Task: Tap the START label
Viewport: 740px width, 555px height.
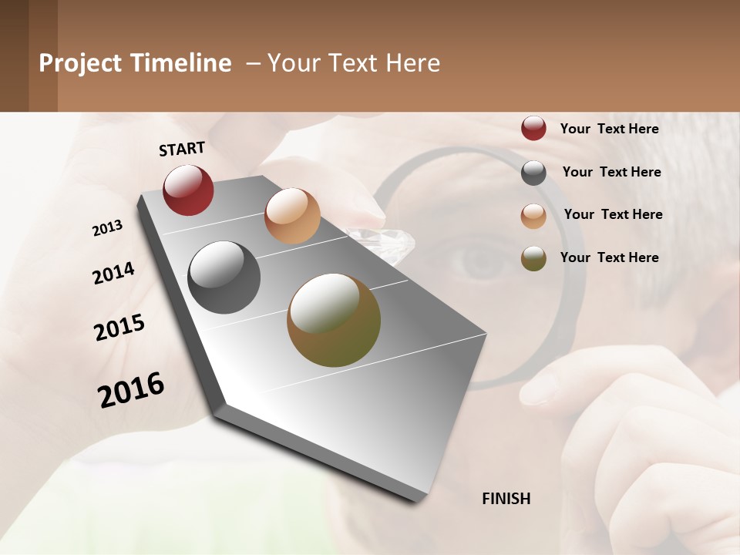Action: (x=182, y=149)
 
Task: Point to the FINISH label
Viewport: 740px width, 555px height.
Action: (x=506, y=499)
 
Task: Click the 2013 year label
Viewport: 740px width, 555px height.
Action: (x=107, y=228)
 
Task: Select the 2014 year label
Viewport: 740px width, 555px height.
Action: (x=113, y=273)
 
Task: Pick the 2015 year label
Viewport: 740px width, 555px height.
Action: (x=119, y=328)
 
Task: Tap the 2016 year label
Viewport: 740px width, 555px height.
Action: (x=131, y=389)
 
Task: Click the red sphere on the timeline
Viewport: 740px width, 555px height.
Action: (x=188, y=190)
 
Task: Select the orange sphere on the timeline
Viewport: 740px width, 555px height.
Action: (x=292, y=216)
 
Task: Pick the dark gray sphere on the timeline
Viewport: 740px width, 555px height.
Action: (x=224, y=277)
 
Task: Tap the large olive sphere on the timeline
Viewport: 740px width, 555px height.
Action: (x=334, y=320)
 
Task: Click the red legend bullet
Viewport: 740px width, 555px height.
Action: (x=533, y=129)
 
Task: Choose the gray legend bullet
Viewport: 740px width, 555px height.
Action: (x=533, y=173)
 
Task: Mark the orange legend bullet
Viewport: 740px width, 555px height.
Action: (x=533, y=216)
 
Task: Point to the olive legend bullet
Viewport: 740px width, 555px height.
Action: (x=533, y=258)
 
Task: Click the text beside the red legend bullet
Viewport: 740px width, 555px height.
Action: (x=609, y=129)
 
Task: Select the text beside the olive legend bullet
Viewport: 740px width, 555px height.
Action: (x=609, y=257)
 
